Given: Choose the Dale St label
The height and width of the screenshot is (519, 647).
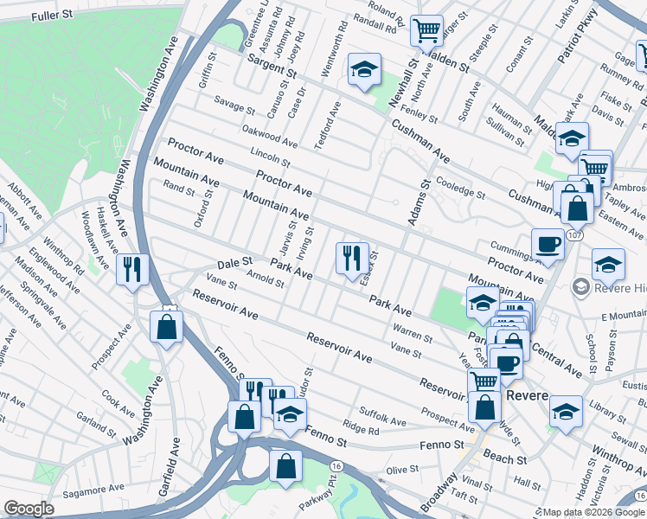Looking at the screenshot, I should pyautogui.click(x=234, y=261).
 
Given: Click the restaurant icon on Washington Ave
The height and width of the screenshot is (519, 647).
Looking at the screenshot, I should pyautogui.click(x=131, y=268).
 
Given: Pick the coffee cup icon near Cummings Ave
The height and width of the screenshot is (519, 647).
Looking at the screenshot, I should pyautogui.click(x=547, y=244).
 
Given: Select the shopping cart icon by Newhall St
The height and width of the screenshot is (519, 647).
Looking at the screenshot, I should pyautogui.click(x=426, y=30).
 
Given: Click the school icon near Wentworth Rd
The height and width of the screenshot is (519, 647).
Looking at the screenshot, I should pyautogui.click(x=365, y=69).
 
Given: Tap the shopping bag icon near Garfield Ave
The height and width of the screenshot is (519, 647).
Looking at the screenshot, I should pyautogui.click(x=164, y=327).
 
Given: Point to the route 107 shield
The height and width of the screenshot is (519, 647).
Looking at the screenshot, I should pyautogui.click(x=574, y=235).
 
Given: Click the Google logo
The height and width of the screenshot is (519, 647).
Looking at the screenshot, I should pyautogui.click(x=29, y=509).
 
